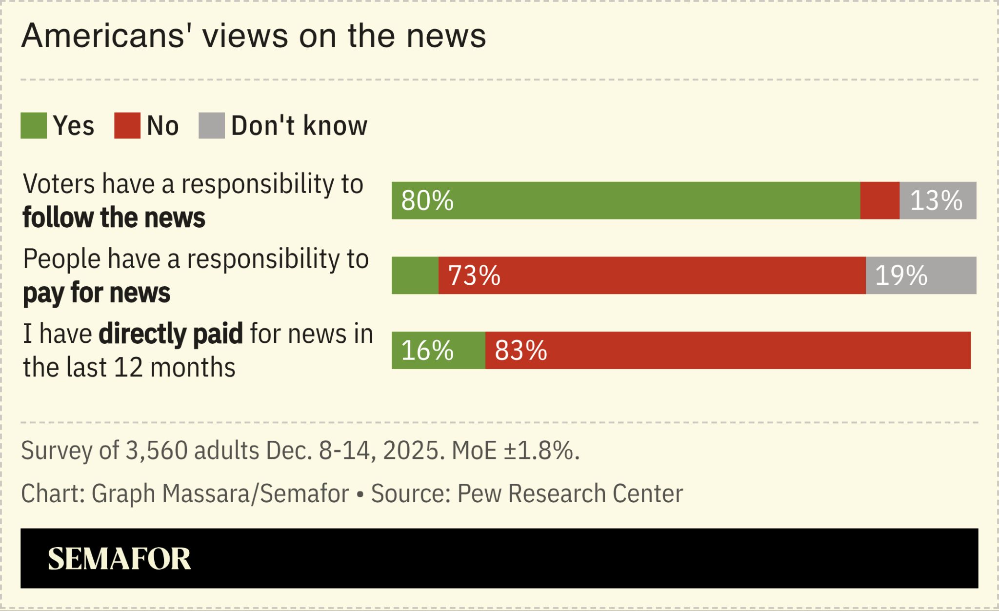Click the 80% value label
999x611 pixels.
[427, 201]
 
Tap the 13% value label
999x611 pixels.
[936, 201]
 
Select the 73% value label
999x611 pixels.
[474, 276]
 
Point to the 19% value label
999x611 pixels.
[901, 276]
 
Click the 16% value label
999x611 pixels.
[427, 351]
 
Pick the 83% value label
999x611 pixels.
[521, 351]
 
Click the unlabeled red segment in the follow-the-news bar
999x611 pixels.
[879, 201]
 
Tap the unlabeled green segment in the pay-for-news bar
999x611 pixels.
[415, 276]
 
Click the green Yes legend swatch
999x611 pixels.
[34, 126]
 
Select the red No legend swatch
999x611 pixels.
[127, 126]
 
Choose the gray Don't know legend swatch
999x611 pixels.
[212, 126]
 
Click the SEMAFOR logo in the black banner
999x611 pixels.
[119, 559]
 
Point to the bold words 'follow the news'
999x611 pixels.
[114, 218]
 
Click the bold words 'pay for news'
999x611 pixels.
[97, 293]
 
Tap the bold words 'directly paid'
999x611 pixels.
[171, 335]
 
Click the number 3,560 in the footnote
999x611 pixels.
[157, 450]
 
